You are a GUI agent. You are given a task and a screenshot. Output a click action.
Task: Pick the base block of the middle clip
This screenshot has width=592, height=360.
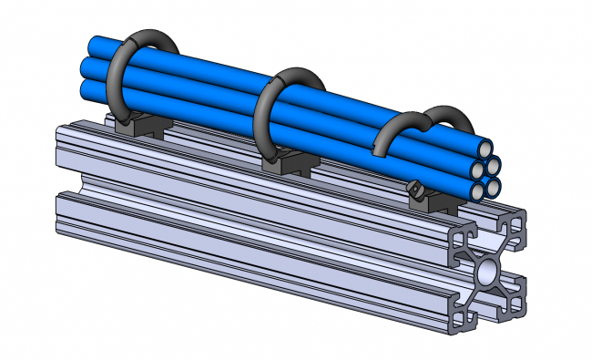pos(284,164)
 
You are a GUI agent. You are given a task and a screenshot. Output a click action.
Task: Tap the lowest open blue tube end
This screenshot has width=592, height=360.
pos(480,191)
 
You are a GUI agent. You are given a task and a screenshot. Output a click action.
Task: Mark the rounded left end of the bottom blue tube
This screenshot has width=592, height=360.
pos(87,89)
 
